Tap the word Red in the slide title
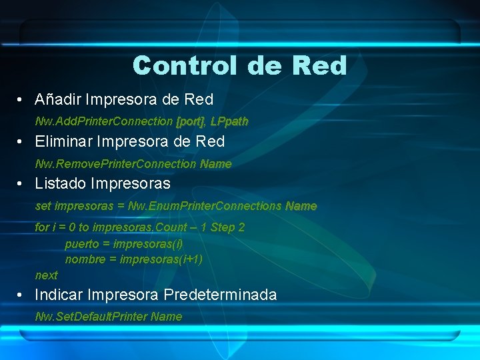click(318, 65)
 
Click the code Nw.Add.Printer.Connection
click(104, 121)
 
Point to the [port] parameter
click(190, 121)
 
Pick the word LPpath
click(229, 121)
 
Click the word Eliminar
click(64, 142)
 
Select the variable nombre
click(85, 259)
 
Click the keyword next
click(46, 275)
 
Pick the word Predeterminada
click(220, 295)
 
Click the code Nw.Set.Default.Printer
click(91, 317)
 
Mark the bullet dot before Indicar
click(22, 295)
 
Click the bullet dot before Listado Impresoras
click(22, 184)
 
